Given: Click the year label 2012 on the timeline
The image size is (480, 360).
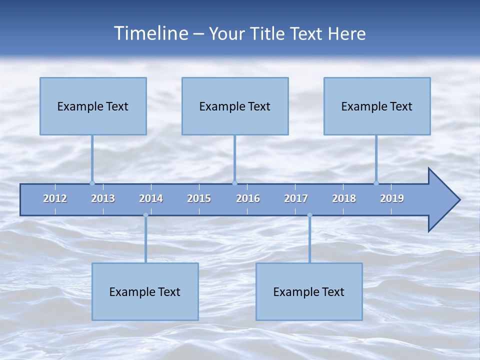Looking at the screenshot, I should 55,198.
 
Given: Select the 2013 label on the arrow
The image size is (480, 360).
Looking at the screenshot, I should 103,198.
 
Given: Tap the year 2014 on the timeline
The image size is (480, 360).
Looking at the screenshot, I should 151,198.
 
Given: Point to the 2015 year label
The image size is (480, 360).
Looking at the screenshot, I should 199,198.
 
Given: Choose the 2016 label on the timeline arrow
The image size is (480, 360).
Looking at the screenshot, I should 248,198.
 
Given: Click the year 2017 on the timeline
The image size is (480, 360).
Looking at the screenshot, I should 296,198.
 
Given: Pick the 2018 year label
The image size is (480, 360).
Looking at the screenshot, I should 344,198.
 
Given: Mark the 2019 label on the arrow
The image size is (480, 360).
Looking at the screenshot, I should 392,198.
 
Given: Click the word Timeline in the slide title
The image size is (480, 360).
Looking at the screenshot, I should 149,33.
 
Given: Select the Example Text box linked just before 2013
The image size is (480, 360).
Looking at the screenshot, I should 93,106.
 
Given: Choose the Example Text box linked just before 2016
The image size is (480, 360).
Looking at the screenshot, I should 235,106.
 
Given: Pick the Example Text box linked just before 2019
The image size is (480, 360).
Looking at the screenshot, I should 377,106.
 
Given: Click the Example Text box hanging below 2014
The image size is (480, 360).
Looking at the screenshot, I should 145,291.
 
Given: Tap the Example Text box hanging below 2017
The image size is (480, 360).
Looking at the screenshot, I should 309,291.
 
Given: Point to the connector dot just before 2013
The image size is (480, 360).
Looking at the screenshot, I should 92,183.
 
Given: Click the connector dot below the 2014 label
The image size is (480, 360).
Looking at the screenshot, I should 145,215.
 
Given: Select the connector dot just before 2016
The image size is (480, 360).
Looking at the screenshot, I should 234,183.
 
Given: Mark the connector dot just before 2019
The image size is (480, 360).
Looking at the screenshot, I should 376,183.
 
